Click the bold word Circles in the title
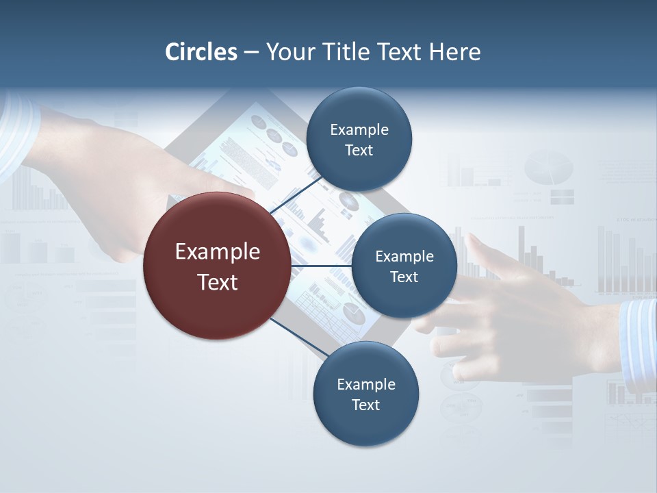[201, 52]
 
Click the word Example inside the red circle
[218, 252]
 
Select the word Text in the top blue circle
[359, 151]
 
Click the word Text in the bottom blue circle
[365, 405]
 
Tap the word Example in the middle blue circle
[404, 257]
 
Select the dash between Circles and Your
[251, 53]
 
